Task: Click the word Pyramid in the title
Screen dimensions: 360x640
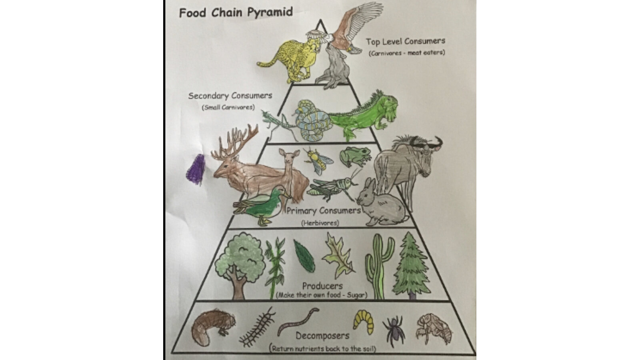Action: coord(270,12)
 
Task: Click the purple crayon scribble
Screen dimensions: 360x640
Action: coord(196,170)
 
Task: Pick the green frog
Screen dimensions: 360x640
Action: coord(355,156)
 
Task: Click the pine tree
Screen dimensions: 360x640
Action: coord(411,266)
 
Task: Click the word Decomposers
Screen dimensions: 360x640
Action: coord(322,336)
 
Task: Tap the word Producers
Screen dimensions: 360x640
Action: coord(322,286)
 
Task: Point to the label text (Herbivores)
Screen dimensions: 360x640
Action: coord(320,223)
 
